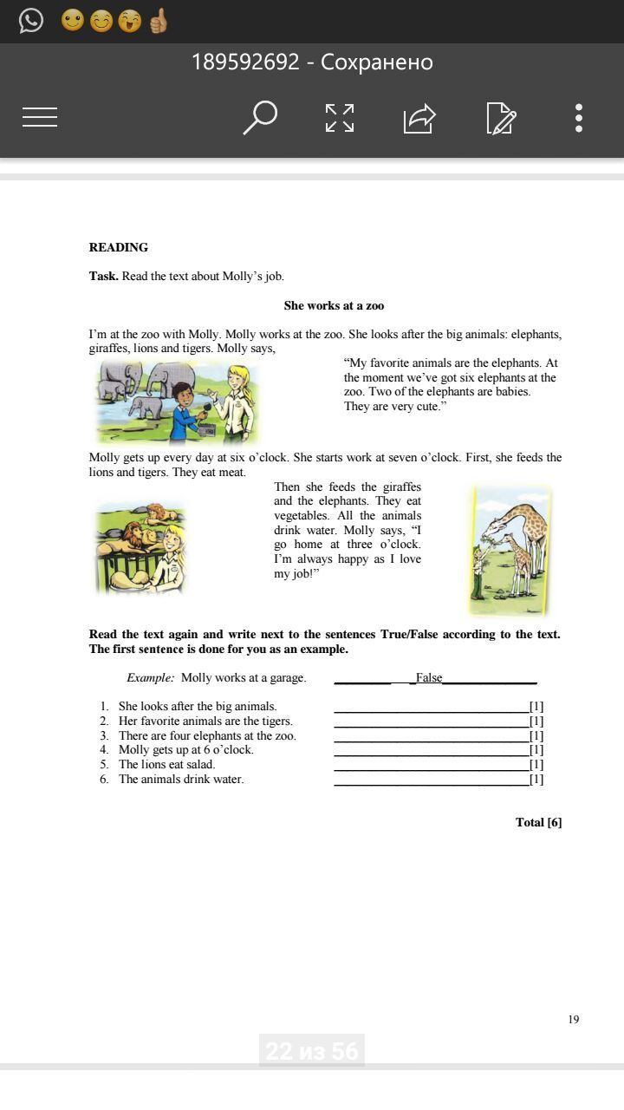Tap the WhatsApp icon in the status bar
(x=31, y=20)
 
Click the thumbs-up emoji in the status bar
(x=158, y=20)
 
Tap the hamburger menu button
(x=40, y=117)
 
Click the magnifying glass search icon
(x=259, y=117)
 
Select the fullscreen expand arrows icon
(x=339, y=117)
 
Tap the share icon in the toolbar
(x=419, y=117)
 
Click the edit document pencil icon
(x=501, y=117)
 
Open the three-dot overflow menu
(x=578, y=117)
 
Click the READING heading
(x=119, y=247)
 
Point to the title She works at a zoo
(x=334, y=305)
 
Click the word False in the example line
(x=429, y=677)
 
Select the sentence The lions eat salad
(x=166, y=764)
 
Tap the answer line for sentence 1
(x=431, y=708)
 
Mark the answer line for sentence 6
(x=431, y=780)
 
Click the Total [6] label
(x=538, y=822)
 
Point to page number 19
(x=574, y=1019)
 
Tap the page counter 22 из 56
(x=312, y=1051)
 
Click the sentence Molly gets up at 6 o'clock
(x=186, y=749)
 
